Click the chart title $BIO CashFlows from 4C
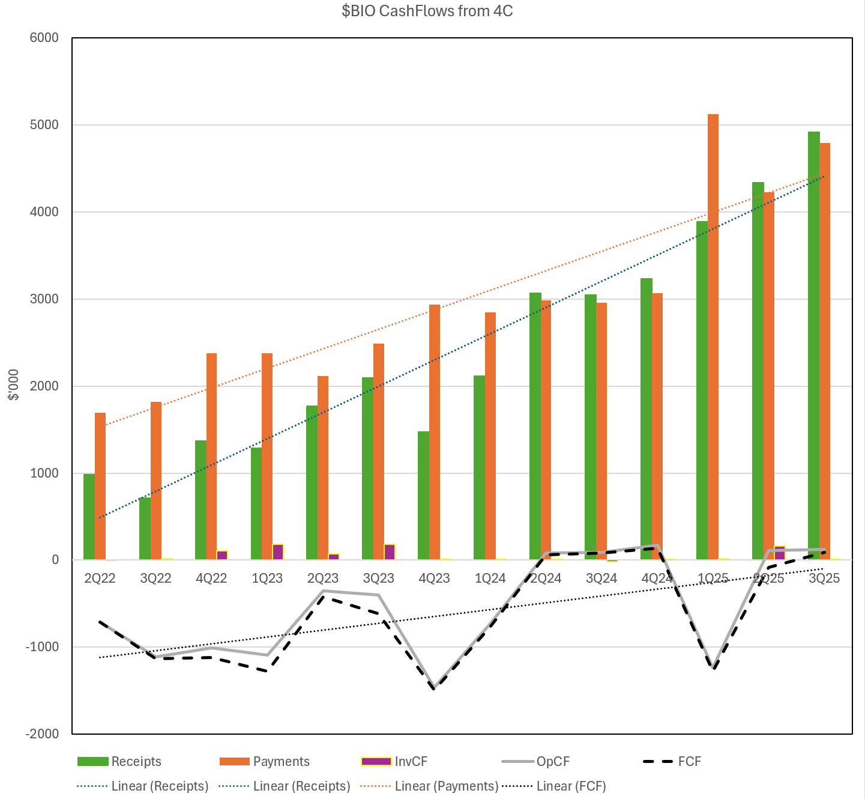click(x=427, y=11)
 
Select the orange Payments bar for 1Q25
click(x=713, y=336)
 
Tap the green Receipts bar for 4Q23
click(x=423, y=496)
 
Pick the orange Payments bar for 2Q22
click(x=100, y=487)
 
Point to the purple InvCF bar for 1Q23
click(x=278, y=552)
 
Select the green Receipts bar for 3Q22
click(x=145, y=529)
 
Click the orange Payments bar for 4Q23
click(x=435, y=433)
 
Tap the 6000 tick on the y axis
click(x=44, y=38)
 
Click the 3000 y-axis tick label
click(x=44, y=299)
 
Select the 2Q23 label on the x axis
click(x=323, y=579)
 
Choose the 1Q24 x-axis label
click(x=490, y=579)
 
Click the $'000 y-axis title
click(x=13, y=384)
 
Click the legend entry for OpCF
click(x=553, y=762)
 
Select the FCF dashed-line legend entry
click(x=689, y=762)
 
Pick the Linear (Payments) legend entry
click(x=446, y=786)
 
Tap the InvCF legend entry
click(x=411, y=762)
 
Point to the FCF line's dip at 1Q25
click(x=713, y=669)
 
